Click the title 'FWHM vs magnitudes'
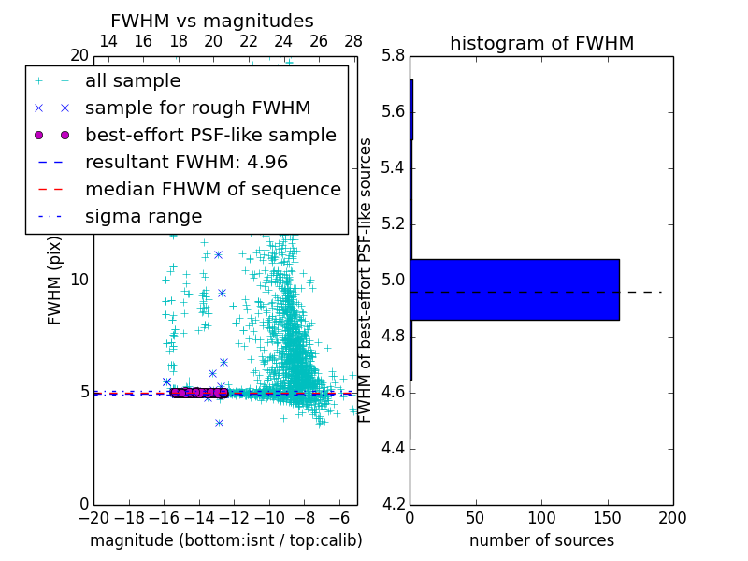pos(212,21)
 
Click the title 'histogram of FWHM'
pos(541,43)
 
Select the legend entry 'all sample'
pos(133,81)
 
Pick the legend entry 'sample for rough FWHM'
pos(197,108)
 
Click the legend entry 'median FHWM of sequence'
pos(212,189)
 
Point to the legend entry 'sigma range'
pos(143,216)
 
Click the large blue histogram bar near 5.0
pos(514,289)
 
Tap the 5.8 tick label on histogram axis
pos(393,56)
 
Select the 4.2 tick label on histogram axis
pos(393,504)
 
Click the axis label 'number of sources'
pos(541,540)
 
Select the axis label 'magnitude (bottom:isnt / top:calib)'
pos(225,540)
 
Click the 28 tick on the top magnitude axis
pos(353,41)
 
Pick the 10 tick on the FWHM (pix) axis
pos(79,280)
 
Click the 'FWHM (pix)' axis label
pos(55,280)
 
